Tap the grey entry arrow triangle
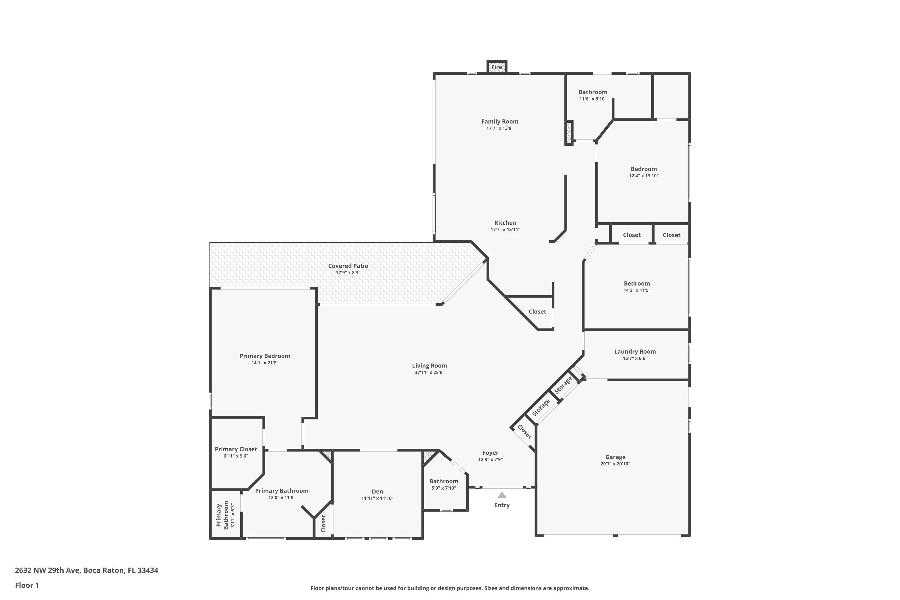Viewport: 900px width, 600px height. (502, 495)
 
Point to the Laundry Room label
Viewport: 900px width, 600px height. (635, 352)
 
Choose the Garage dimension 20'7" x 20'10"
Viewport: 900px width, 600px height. (615, 464)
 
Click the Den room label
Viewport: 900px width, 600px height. (377, 491)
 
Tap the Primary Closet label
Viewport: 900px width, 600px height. (236, 449)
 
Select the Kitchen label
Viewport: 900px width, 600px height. (505, 223)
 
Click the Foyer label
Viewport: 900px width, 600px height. (490, 453)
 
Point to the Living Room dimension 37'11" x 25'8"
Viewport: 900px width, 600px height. (429, 372)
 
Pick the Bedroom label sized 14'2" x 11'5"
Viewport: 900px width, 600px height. (637, 283)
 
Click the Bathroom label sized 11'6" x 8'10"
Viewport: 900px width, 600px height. (593, 92)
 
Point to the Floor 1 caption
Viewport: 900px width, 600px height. (27, 585)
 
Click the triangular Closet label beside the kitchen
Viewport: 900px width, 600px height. (537, 311)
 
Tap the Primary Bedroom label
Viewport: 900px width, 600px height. (265, 356)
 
